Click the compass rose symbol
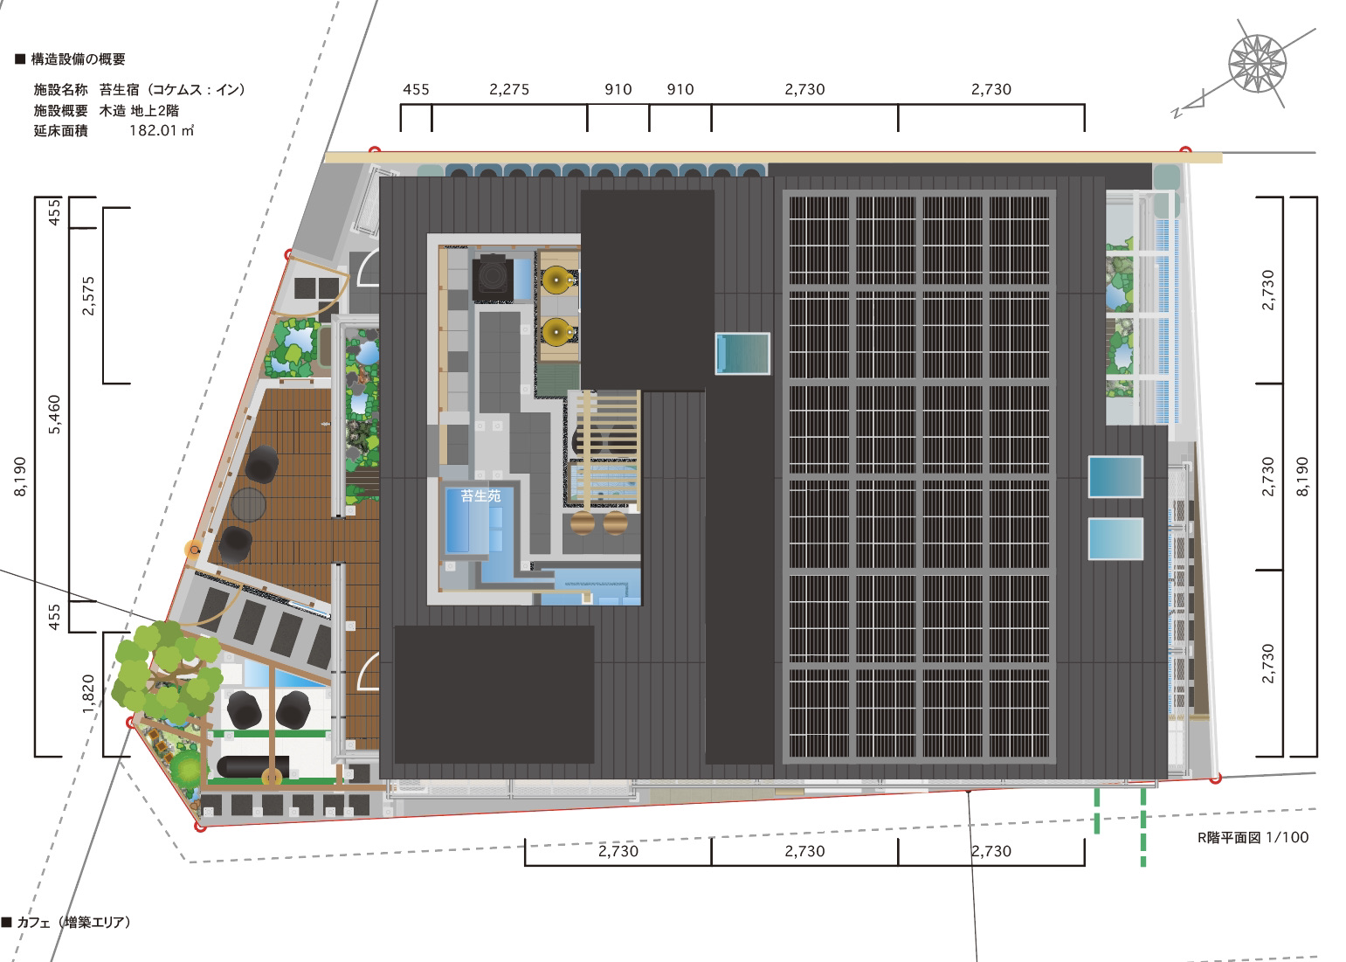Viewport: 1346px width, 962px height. (1257, 64)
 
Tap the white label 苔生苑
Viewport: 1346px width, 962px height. (480, 496)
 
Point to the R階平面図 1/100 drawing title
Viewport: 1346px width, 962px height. (1253, 837)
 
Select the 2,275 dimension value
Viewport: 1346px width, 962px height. (509, 90)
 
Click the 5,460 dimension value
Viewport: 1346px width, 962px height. (55, 414)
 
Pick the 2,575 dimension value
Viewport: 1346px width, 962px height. (88, 296)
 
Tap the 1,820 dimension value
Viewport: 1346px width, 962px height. (88, 695)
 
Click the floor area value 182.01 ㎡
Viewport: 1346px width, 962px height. (162, 130)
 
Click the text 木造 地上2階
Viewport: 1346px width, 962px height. (139, 111)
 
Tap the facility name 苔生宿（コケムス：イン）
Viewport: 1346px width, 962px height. (172, 90)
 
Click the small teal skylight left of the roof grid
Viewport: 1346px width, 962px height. (742, 354)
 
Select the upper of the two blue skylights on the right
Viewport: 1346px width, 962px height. (1115, 477)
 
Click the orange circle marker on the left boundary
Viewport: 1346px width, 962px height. (194, 550)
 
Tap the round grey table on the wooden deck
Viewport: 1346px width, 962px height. (248, 504)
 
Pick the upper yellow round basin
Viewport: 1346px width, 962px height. (556, 280)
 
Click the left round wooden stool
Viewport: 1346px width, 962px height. (583, 523)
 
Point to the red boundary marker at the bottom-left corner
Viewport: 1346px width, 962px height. (201, 827)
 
